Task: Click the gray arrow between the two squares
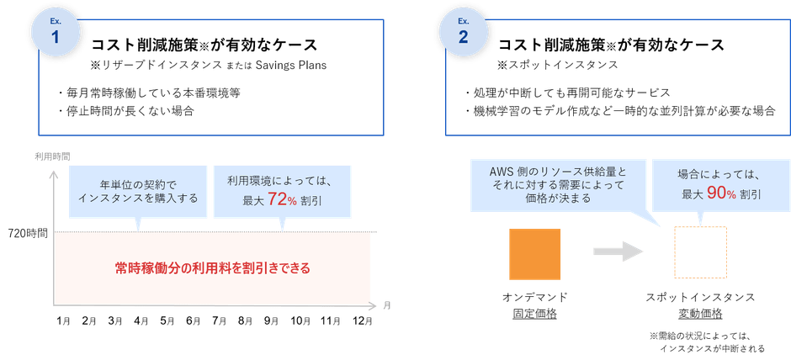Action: pos(617,251)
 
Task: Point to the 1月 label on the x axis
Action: pos(63,321)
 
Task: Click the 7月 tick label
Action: pos(219,321)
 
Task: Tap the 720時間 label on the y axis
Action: pos(29,230)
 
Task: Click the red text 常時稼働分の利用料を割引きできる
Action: pos(213,268)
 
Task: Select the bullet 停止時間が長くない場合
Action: pos(127,110)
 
